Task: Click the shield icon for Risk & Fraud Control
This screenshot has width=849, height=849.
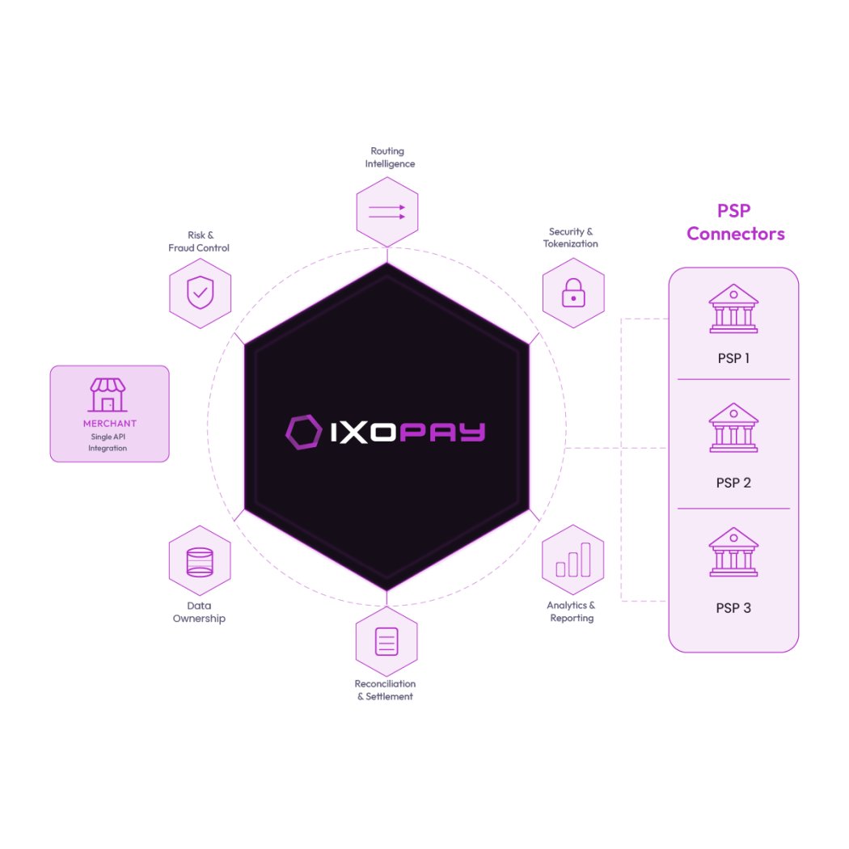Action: tap(201, 293)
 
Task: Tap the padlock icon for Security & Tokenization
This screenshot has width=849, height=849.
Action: tap(573, 293)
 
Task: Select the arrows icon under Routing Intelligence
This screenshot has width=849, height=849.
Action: tap(387, 212)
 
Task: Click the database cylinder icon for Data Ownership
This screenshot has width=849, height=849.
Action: tap(200, 562)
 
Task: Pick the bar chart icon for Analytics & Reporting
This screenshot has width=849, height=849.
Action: tap(572, 560)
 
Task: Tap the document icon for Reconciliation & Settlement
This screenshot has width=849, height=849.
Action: tap(386, 642)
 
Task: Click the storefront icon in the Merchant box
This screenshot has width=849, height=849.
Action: tap(108, 395)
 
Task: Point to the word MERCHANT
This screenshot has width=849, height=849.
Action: tap(109, 424)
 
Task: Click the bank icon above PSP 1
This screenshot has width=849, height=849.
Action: tap(733, 308)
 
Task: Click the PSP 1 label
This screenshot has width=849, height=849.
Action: tap(733, 358)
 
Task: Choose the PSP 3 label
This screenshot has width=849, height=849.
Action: tap(733, 608)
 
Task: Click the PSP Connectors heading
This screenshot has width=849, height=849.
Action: tap(735, 222)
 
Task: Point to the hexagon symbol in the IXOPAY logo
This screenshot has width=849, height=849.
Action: tap(303, 432)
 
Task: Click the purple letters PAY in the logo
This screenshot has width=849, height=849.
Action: tap(442, 432)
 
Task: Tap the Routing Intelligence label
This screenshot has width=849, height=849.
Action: tap(389, 157)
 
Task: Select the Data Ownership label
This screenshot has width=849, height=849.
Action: tap(199, 612)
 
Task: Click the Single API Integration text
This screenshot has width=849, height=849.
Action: tap(108, 442)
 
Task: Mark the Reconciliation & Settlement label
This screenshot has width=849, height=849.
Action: tap(385, 691)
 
